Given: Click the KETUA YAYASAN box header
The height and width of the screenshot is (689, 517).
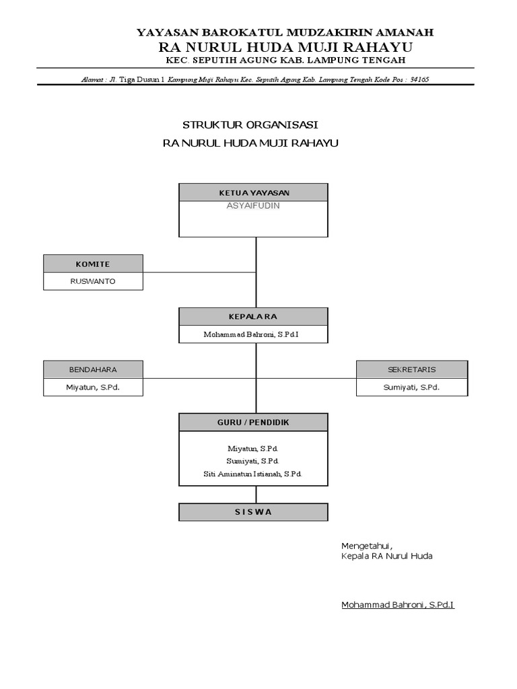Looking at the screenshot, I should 253,192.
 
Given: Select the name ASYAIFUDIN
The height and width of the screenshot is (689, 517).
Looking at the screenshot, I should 253,206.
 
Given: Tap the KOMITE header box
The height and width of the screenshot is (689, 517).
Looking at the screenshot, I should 93,264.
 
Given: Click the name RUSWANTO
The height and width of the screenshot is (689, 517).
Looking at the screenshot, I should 93,281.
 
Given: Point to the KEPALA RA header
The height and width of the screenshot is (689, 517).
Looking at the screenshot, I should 253,316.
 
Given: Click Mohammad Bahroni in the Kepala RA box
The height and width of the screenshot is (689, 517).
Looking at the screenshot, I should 253,334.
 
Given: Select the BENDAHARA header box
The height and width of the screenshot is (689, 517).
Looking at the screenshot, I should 93,369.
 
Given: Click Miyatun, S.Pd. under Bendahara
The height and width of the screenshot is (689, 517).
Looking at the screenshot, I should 93,388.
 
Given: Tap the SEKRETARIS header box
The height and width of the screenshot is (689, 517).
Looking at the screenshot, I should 411,369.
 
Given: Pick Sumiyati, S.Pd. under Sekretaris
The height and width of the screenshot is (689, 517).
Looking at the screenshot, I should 411,388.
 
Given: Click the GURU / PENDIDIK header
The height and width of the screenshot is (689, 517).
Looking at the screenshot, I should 253,422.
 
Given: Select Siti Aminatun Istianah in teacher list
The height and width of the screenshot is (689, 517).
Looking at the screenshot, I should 253,474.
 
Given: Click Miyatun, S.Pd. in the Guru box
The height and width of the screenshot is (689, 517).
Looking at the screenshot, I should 253,447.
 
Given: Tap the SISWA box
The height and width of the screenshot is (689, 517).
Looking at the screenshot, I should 253,511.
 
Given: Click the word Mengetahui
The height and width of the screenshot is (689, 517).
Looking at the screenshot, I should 366,545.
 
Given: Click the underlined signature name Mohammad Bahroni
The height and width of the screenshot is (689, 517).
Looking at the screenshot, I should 397,605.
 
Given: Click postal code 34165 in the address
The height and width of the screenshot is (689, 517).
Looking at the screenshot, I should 419,79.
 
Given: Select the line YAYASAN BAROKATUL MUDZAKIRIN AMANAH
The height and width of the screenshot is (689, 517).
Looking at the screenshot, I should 285,32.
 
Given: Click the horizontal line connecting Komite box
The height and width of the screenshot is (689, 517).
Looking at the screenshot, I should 199,273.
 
